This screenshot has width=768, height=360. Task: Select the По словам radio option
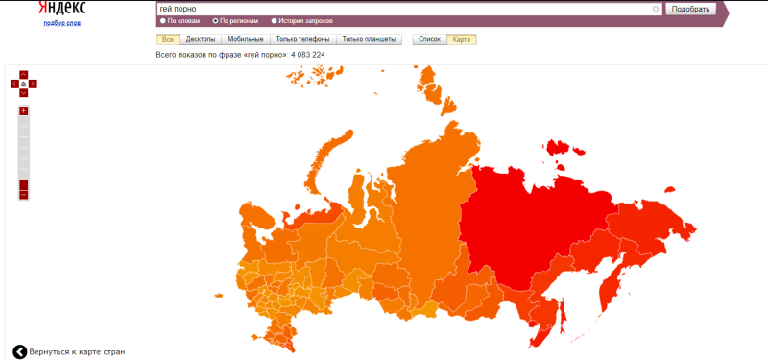tap(163, 20)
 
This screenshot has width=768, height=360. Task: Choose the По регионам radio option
tap(216, 20)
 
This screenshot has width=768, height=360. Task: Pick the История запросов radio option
tap(275, 20)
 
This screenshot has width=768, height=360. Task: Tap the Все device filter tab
tap(168, 39)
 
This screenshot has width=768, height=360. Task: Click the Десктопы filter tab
tap(201, 39)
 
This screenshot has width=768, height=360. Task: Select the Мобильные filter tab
tap(245, 39)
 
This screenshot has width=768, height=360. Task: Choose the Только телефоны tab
tap(302, 39)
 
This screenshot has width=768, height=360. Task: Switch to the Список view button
tap(429, 39)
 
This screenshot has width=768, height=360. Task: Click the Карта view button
tap(462, 39)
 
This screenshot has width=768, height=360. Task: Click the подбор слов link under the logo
tap(61, 22)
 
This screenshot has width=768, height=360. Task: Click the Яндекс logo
tap(61, 8)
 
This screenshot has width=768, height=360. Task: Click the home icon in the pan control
tap(24, 84)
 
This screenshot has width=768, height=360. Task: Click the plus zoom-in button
tap(24, 110)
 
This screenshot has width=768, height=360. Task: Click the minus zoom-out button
tap(24, 195)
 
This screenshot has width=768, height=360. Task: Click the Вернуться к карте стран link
tap(75, 351)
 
